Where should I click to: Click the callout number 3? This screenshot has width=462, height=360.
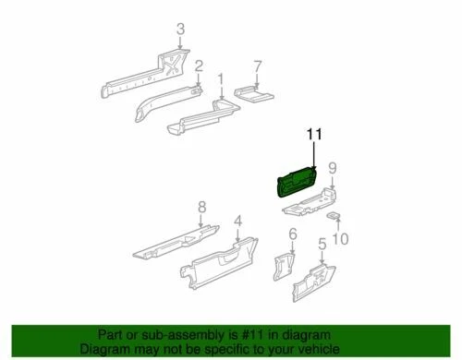coord(181,29)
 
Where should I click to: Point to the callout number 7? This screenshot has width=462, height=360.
coord(258,66)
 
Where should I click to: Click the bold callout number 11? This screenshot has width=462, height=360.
coord(315,134)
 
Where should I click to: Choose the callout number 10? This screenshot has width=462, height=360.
coord(340,239)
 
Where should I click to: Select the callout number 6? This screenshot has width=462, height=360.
coord(292,234)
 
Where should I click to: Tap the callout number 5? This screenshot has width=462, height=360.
coord(322,246)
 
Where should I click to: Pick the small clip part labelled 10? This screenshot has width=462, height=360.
coord(336,218)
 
